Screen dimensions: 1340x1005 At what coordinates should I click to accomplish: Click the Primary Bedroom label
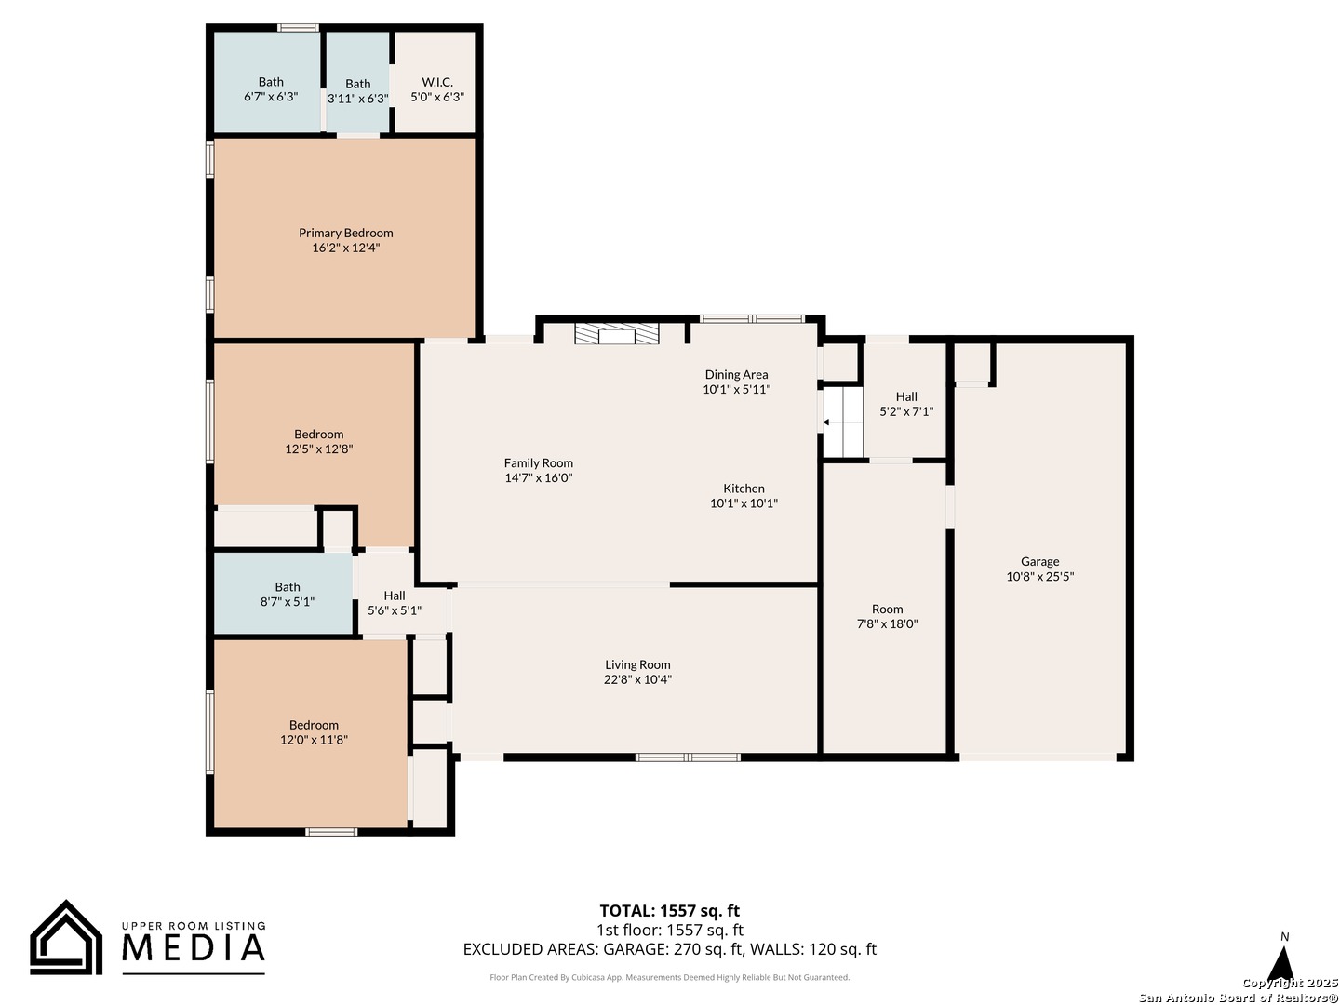point(345,233)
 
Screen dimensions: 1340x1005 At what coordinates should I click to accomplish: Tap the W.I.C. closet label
point(437,82)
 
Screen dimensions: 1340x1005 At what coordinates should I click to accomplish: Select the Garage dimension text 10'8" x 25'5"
point(1039,576)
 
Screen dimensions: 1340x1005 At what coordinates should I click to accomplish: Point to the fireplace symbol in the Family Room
point(617,334)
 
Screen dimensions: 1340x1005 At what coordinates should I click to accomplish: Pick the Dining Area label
point(736,374)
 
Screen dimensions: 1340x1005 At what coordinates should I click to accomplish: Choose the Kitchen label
point(744,489)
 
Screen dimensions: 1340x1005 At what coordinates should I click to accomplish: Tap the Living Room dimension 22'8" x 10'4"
point(637,679)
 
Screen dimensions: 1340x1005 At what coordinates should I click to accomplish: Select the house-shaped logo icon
point(66,938)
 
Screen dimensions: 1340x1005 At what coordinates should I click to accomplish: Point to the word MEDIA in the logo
point(194,947)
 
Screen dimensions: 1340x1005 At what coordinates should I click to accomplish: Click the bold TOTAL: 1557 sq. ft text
point(669,910)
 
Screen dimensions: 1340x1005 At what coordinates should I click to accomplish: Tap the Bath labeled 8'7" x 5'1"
point(287,594)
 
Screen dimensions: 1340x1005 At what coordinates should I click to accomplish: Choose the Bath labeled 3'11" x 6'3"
point(357,91)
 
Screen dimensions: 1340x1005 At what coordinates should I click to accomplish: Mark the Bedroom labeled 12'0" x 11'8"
point(314,731)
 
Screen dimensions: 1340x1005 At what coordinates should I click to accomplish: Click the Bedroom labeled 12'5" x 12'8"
point(318,441)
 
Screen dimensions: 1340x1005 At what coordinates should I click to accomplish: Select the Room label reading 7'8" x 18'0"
point(887,616)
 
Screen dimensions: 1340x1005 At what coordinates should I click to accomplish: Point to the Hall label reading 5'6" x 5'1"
point(395,602)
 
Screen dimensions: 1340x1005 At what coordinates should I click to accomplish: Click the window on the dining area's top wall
point(752,318)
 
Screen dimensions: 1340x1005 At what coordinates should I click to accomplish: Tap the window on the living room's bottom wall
point(688,757)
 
